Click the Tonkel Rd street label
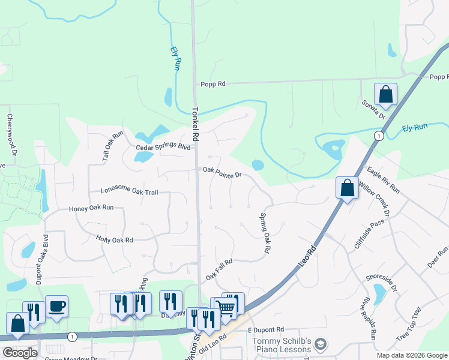(x=195, y=124)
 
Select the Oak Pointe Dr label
(x=221, y=172)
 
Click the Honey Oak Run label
(x=91, y=208)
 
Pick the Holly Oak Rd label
(x=114, y=238)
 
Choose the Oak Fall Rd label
(x=219, y=268)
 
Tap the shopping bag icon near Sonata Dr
(x=385, y=94)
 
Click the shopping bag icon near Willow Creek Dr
(x=347, y=188)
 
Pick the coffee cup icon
(x=56, y=306)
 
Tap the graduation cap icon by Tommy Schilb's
(x=321, y=344)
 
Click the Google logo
(x=20, y=353)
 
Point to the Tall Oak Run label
(x=112, y=147)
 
